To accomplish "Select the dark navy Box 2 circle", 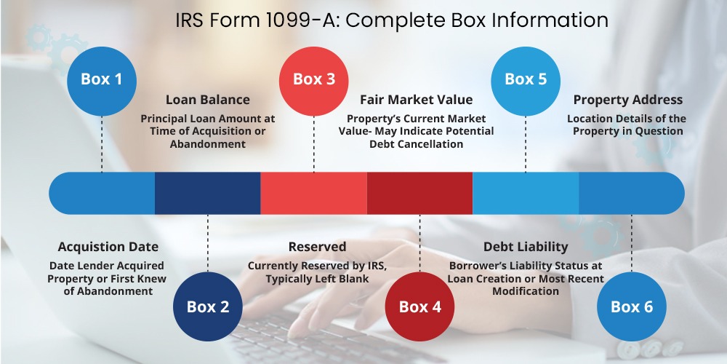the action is [x=208, y=306].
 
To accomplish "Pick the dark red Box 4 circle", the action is [x=419, y=306].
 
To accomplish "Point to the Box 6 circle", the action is [x=632, y=306].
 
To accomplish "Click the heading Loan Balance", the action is [x=208, y=100].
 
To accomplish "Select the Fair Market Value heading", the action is [x=417, y=100].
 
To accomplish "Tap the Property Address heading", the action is [x=628, y=100].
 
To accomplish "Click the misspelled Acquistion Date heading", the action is [x=108, y=247].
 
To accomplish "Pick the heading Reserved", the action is [x=317, y=247].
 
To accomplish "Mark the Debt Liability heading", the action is [x=526, y=247].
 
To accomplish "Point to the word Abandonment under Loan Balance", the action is [x=208, y=144].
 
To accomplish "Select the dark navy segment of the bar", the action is [x=208, y=193].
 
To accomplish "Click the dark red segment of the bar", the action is [x=419, y=193].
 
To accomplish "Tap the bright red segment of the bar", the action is [x=314, y=193].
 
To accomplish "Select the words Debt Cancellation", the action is [x=417, y=144].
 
